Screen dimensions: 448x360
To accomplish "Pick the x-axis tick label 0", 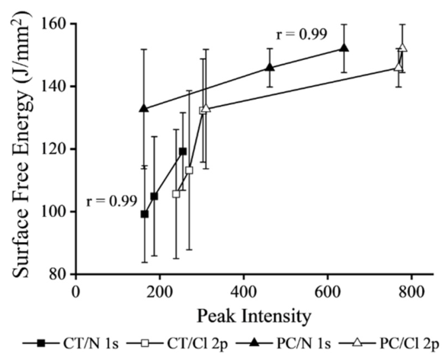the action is [75, 293].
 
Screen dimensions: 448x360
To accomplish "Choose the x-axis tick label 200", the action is [159, 293].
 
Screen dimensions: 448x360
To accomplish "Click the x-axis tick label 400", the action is [244, 293].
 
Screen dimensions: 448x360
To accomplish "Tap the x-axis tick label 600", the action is [328, 293].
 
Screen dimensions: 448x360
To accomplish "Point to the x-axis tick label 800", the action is [411, 293].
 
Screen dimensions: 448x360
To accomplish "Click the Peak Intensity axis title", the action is [254, 317].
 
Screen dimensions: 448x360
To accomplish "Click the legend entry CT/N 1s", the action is [71, 343].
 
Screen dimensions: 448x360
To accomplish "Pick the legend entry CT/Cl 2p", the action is [177, 343].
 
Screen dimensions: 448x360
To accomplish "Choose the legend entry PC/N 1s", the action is [283, 343].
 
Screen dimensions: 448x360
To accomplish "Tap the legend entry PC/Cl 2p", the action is [389, 343].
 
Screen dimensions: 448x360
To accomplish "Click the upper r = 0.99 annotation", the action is [302, 35].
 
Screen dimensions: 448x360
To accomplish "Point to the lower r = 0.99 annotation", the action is [112, 202].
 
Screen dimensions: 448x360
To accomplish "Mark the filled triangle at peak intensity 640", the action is [344, 48].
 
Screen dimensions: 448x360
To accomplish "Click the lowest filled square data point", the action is [145, 214].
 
